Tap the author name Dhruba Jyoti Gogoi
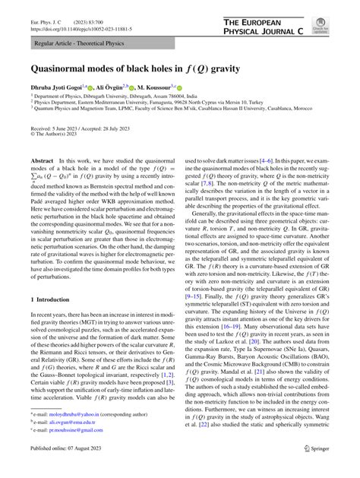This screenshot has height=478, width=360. click(54, 89)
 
